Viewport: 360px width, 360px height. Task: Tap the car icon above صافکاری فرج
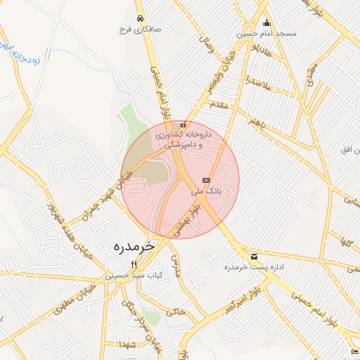tap(141, 18)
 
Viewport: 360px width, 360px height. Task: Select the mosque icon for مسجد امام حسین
tap(266, 22)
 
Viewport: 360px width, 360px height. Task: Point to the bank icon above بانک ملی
tap(206, 180)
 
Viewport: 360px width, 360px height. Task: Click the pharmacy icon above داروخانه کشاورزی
tap(183, 125)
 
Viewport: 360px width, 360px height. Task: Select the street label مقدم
tap(220, 104)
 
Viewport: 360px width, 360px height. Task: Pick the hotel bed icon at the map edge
tap(354, 351)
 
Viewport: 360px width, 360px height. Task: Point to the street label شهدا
tap(128, 344)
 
